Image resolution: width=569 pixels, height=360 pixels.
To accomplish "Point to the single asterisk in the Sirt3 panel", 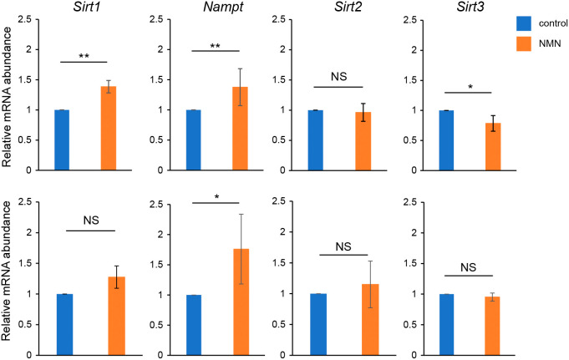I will coord(469,86).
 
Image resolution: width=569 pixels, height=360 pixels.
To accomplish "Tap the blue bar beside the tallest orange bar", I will coord(191,325).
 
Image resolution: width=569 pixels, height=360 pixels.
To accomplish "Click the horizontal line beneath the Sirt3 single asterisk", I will coord(469,92).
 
